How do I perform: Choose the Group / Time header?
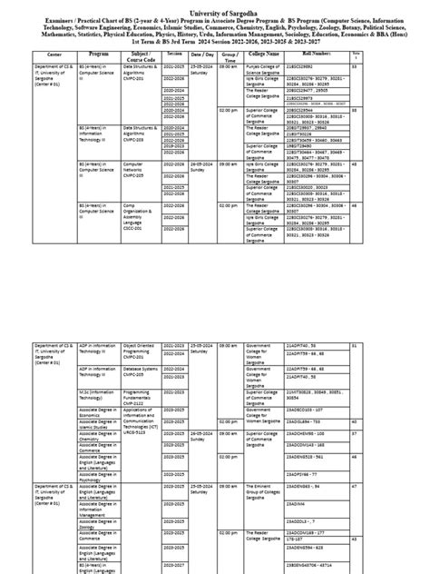click(228, 55)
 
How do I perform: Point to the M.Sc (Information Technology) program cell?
click(99, 395)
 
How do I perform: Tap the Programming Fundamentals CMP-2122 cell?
click(140, 397)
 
